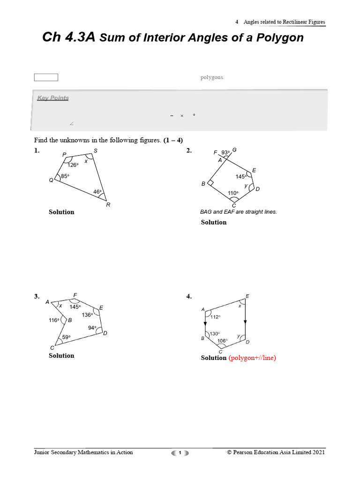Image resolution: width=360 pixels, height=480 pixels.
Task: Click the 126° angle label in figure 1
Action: pyautogui.click(x=73, y=165)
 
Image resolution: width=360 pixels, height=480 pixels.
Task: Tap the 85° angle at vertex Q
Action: pyautogui.click(x=65, y=176)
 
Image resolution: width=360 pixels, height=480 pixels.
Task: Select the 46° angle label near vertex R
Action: pyautogui.click(x=97, y=192)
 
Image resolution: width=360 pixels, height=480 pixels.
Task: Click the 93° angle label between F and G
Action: pyautogui.click(x=226, y=152)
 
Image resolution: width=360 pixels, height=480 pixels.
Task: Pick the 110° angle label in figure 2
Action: pyautogui.click(x=233, y=193)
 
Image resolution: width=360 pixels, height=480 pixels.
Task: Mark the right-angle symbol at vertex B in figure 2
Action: pyautogui.click(x=211, y=183)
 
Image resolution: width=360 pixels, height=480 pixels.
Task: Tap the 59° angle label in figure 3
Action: pyautogui.click(x=67, y=337)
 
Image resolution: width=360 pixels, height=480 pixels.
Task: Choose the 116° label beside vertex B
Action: pyautogui.click(x=54, y=320)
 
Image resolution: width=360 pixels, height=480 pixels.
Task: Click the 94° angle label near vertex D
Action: pyautogui.click(x=92, y=328)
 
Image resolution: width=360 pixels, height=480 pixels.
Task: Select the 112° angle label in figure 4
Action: pyautogui.click(x=215, y=317)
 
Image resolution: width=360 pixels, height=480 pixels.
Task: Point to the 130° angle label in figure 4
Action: pyautogui.click(x=214, y=334)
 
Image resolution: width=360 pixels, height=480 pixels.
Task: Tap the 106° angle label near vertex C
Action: pyautogui.click(x=222, y=341)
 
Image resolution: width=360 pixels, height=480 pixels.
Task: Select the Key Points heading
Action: pyautogui.click(x=53, y=98)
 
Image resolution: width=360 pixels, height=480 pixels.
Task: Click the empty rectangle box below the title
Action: pyautogui.click(x=46, y=77)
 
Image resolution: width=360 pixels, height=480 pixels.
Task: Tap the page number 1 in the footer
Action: pyautogui.click(x=180, y=452)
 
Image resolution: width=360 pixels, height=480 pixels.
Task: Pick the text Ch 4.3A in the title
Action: pyautogui.click(x=69, y=37)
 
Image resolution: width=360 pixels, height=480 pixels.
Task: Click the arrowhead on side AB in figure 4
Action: pyautogui.click(x=205, y=324)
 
